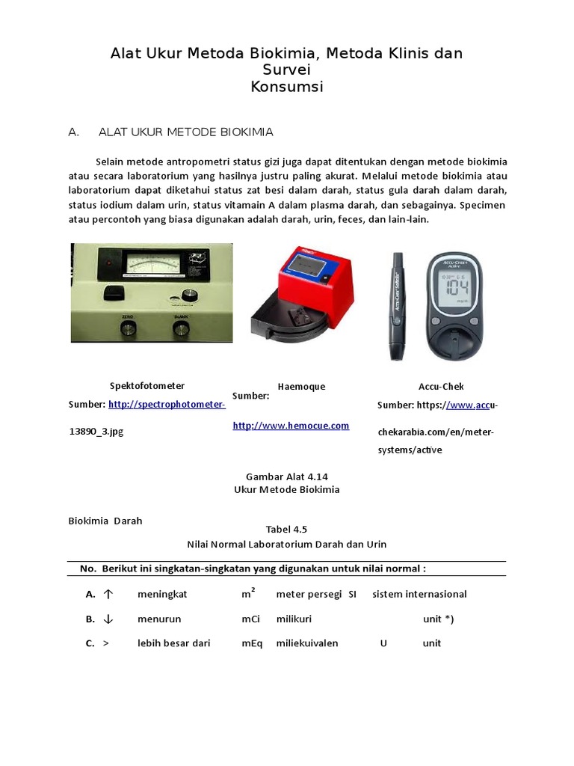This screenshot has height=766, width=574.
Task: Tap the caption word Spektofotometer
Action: pos(146,386)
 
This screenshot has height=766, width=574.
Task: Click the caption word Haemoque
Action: pos(301,387)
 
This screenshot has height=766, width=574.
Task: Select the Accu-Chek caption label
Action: pos(441,387)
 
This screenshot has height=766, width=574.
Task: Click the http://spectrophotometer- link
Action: pos(167,405)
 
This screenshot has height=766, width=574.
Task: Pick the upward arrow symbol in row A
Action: pos(108,595)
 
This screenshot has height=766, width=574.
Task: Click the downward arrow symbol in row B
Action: pos(108,619)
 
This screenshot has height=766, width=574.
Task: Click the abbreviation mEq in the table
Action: pos(251,644)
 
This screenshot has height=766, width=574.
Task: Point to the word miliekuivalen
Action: pos(306,644)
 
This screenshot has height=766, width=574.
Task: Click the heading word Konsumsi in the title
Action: pos(287,87)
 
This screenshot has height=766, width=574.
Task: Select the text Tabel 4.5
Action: pos(286,529)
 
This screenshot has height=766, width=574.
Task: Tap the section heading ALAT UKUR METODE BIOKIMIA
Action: pos(185,132)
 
